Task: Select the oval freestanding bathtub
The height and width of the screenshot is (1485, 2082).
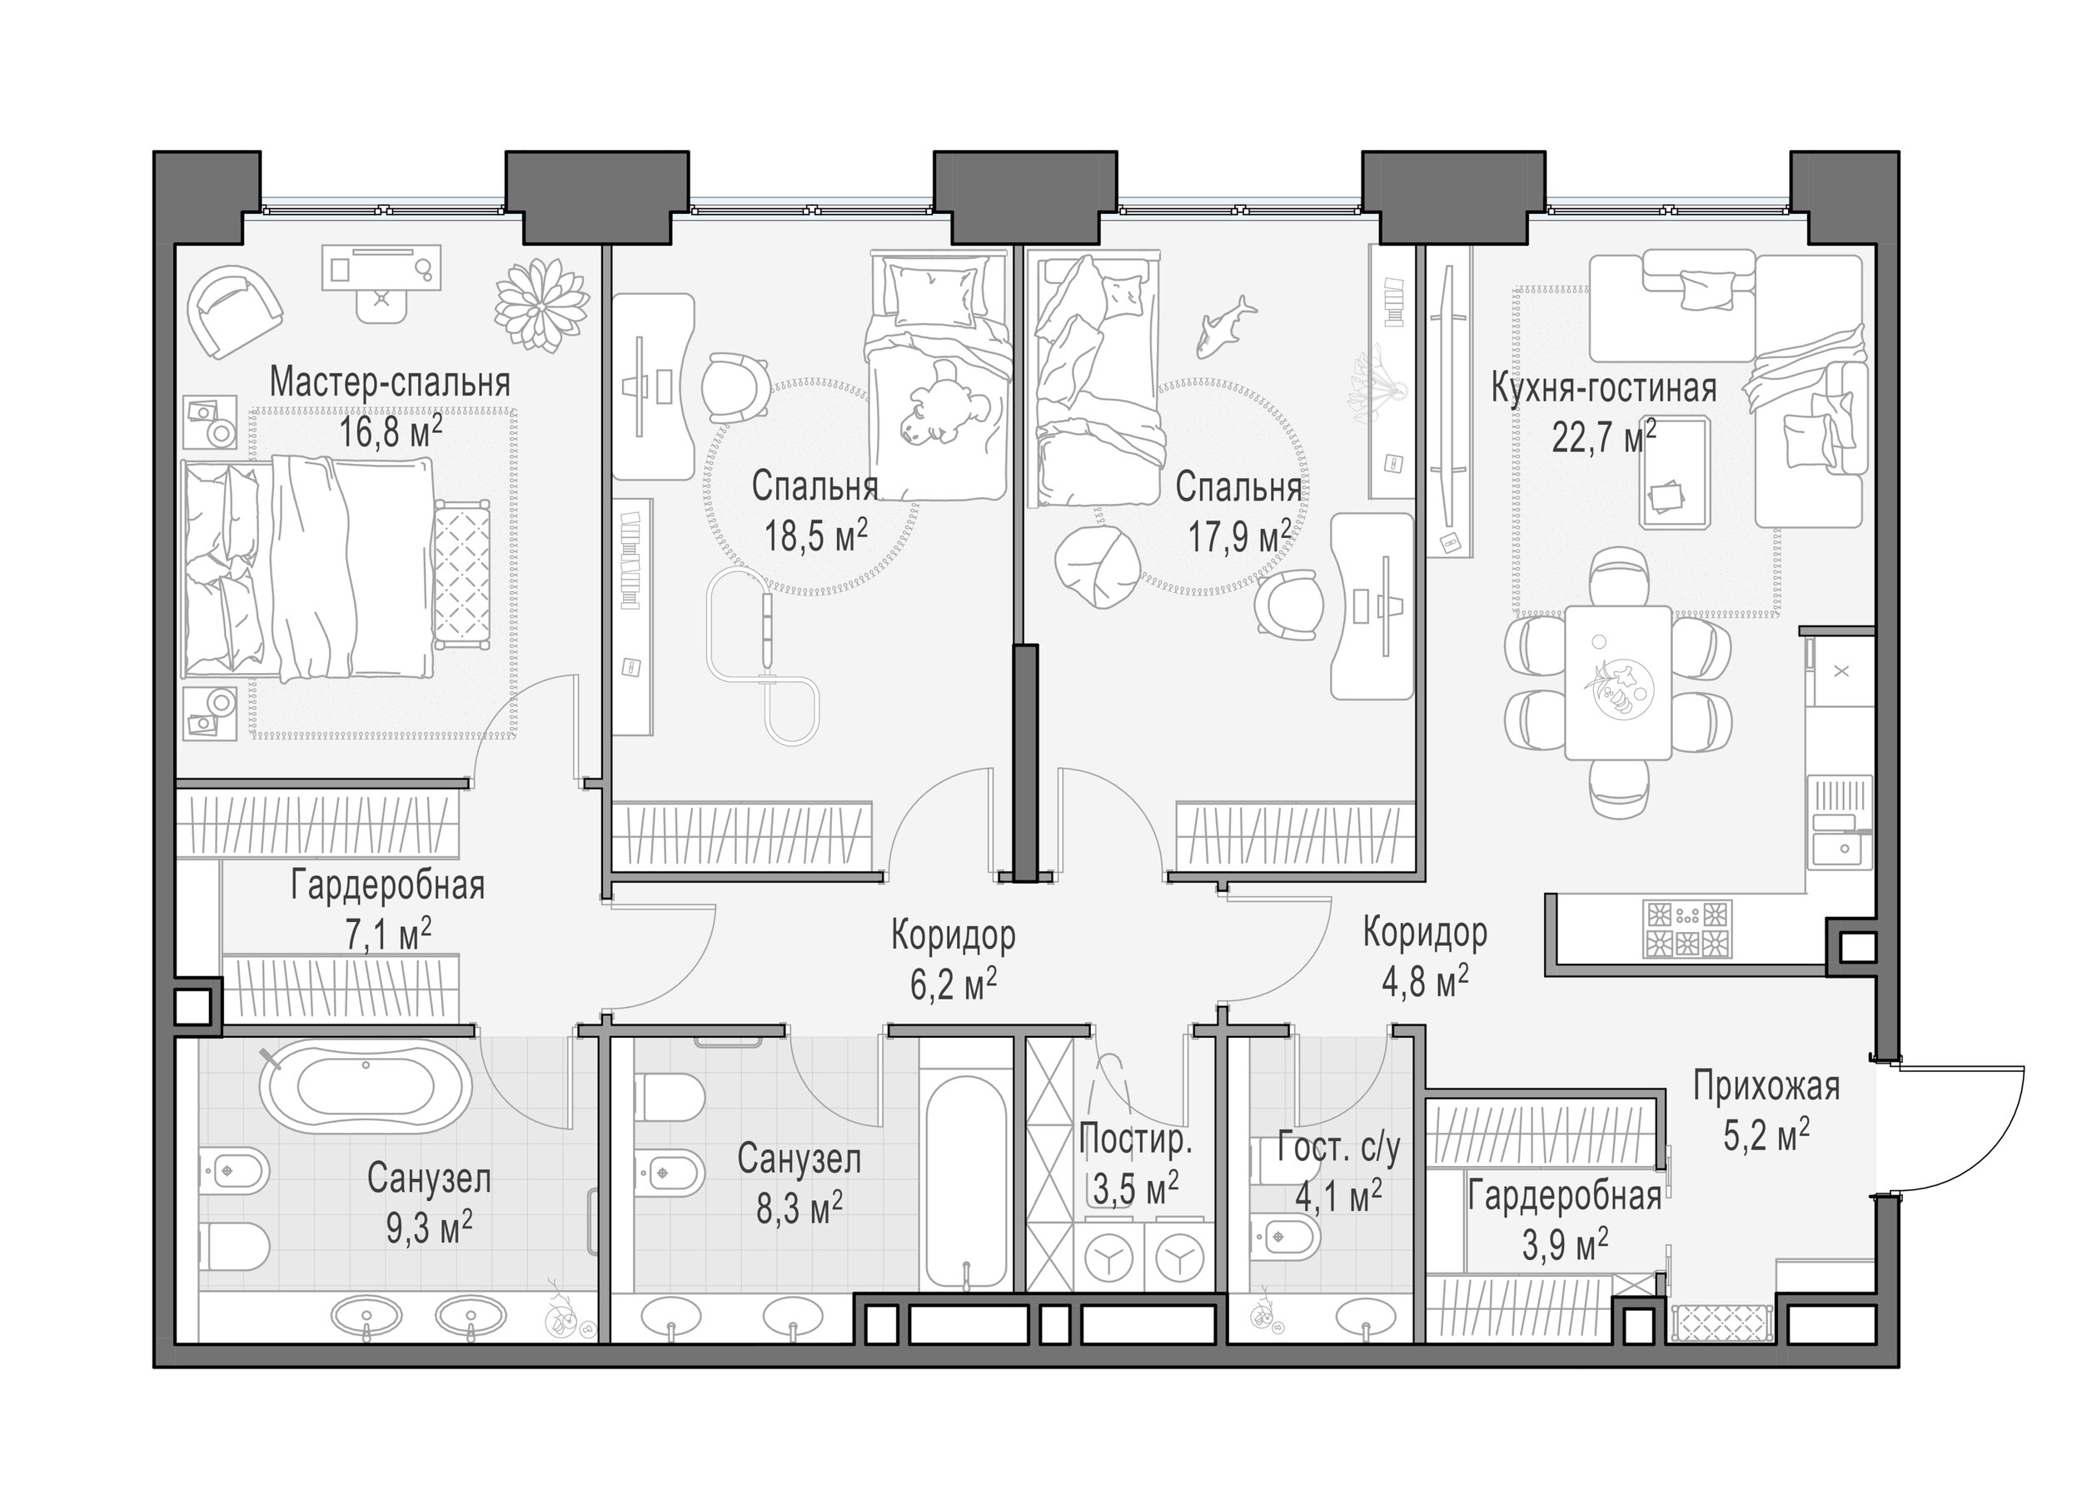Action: point(366,1090)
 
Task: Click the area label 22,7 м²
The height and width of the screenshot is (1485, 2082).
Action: point(1604,437)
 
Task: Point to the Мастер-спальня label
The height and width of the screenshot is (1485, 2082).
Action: point(390,382)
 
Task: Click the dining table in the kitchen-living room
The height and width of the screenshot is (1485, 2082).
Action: point(1617,682)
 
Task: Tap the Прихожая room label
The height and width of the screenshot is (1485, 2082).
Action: point(1766,1086)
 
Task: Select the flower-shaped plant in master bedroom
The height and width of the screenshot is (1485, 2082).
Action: point(541,305)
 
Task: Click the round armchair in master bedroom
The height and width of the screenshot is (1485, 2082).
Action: point(234,311)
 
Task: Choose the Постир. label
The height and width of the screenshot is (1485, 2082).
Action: point(1136,1140)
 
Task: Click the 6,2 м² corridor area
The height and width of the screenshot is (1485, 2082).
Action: point(953,984)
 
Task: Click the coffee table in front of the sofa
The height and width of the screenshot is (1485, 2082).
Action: point(1675,472)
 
